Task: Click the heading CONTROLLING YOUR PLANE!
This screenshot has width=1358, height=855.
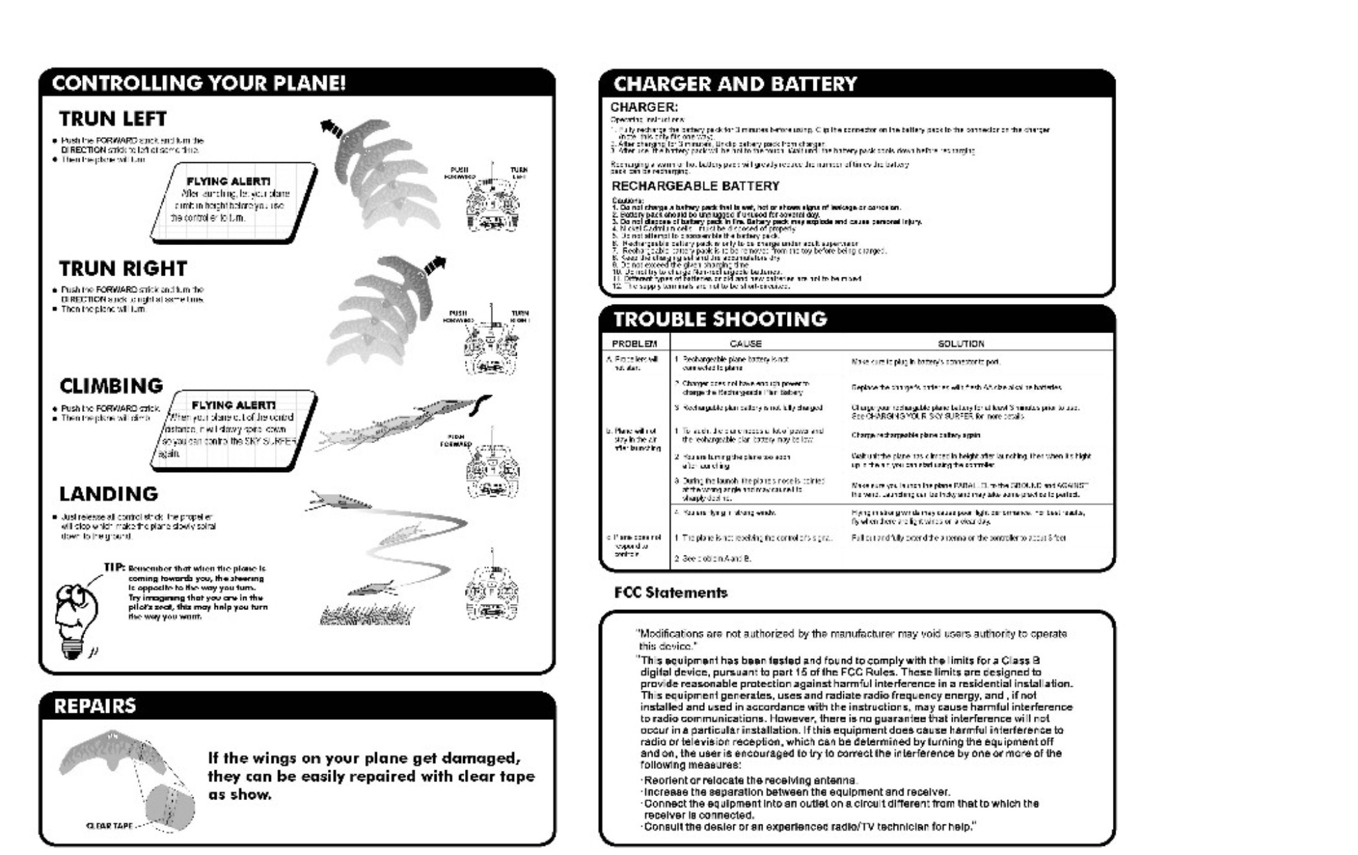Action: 199,83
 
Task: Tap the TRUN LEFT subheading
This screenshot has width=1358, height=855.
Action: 113,119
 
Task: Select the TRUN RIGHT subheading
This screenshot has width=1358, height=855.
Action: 123,268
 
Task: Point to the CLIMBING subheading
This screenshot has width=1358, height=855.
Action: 111,385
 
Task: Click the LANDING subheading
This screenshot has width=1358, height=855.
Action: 109,494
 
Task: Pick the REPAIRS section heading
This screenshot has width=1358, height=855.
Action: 95,706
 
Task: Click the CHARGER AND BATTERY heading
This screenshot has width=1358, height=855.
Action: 735,84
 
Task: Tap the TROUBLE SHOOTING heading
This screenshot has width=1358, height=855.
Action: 720,319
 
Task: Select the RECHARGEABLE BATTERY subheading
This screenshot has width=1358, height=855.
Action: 695,186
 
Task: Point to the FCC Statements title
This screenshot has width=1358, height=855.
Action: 670,593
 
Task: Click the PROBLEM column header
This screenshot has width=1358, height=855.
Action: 634,344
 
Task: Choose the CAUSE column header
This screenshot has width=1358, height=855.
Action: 745,344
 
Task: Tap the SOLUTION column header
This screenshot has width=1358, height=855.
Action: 961,344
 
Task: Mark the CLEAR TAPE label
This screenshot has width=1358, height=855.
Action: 110,826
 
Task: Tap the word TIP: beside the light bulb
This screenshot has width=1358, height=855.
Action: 115,568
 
